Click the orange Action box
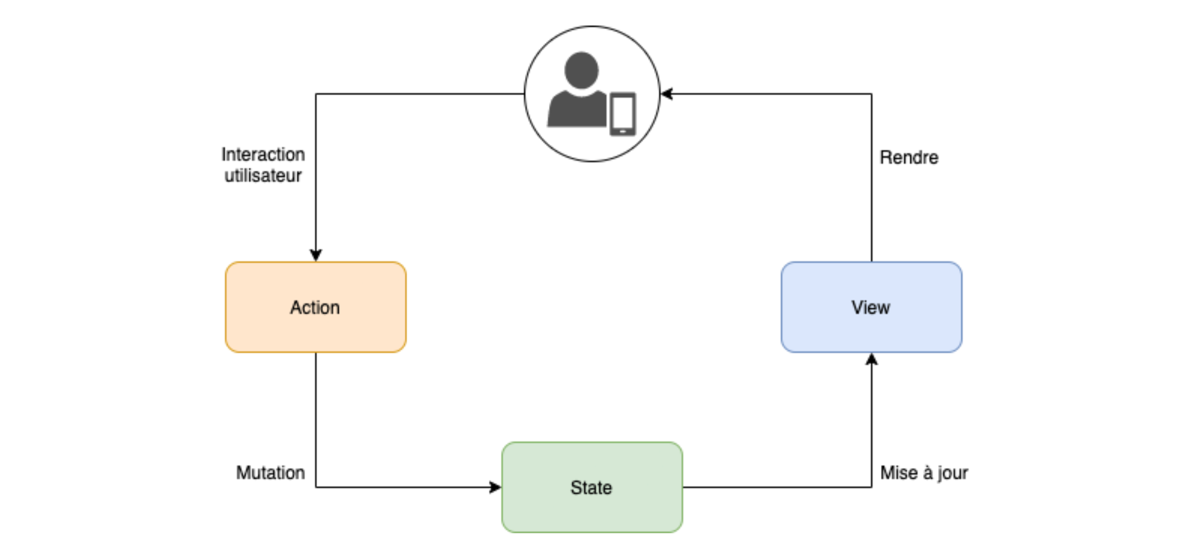316,307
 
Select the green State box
592,487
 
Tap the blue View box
871,307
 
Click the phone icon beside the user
623,114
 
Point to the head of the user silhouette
581,70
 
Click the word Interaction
263,154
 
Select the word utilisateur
263,175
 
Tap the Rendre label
909,157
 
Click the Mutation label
270,473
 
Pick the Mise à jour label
924,473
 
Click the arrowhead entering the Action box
316,255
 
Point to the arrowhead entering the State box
496,487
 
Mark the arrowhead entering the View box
871,359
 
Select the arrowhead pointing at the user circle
667,94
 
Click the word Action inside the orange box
315,308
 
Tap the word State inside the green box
591,488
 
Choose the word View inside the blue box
870,308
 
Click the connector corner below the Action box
316,487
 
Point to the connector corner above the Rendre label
871,94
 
